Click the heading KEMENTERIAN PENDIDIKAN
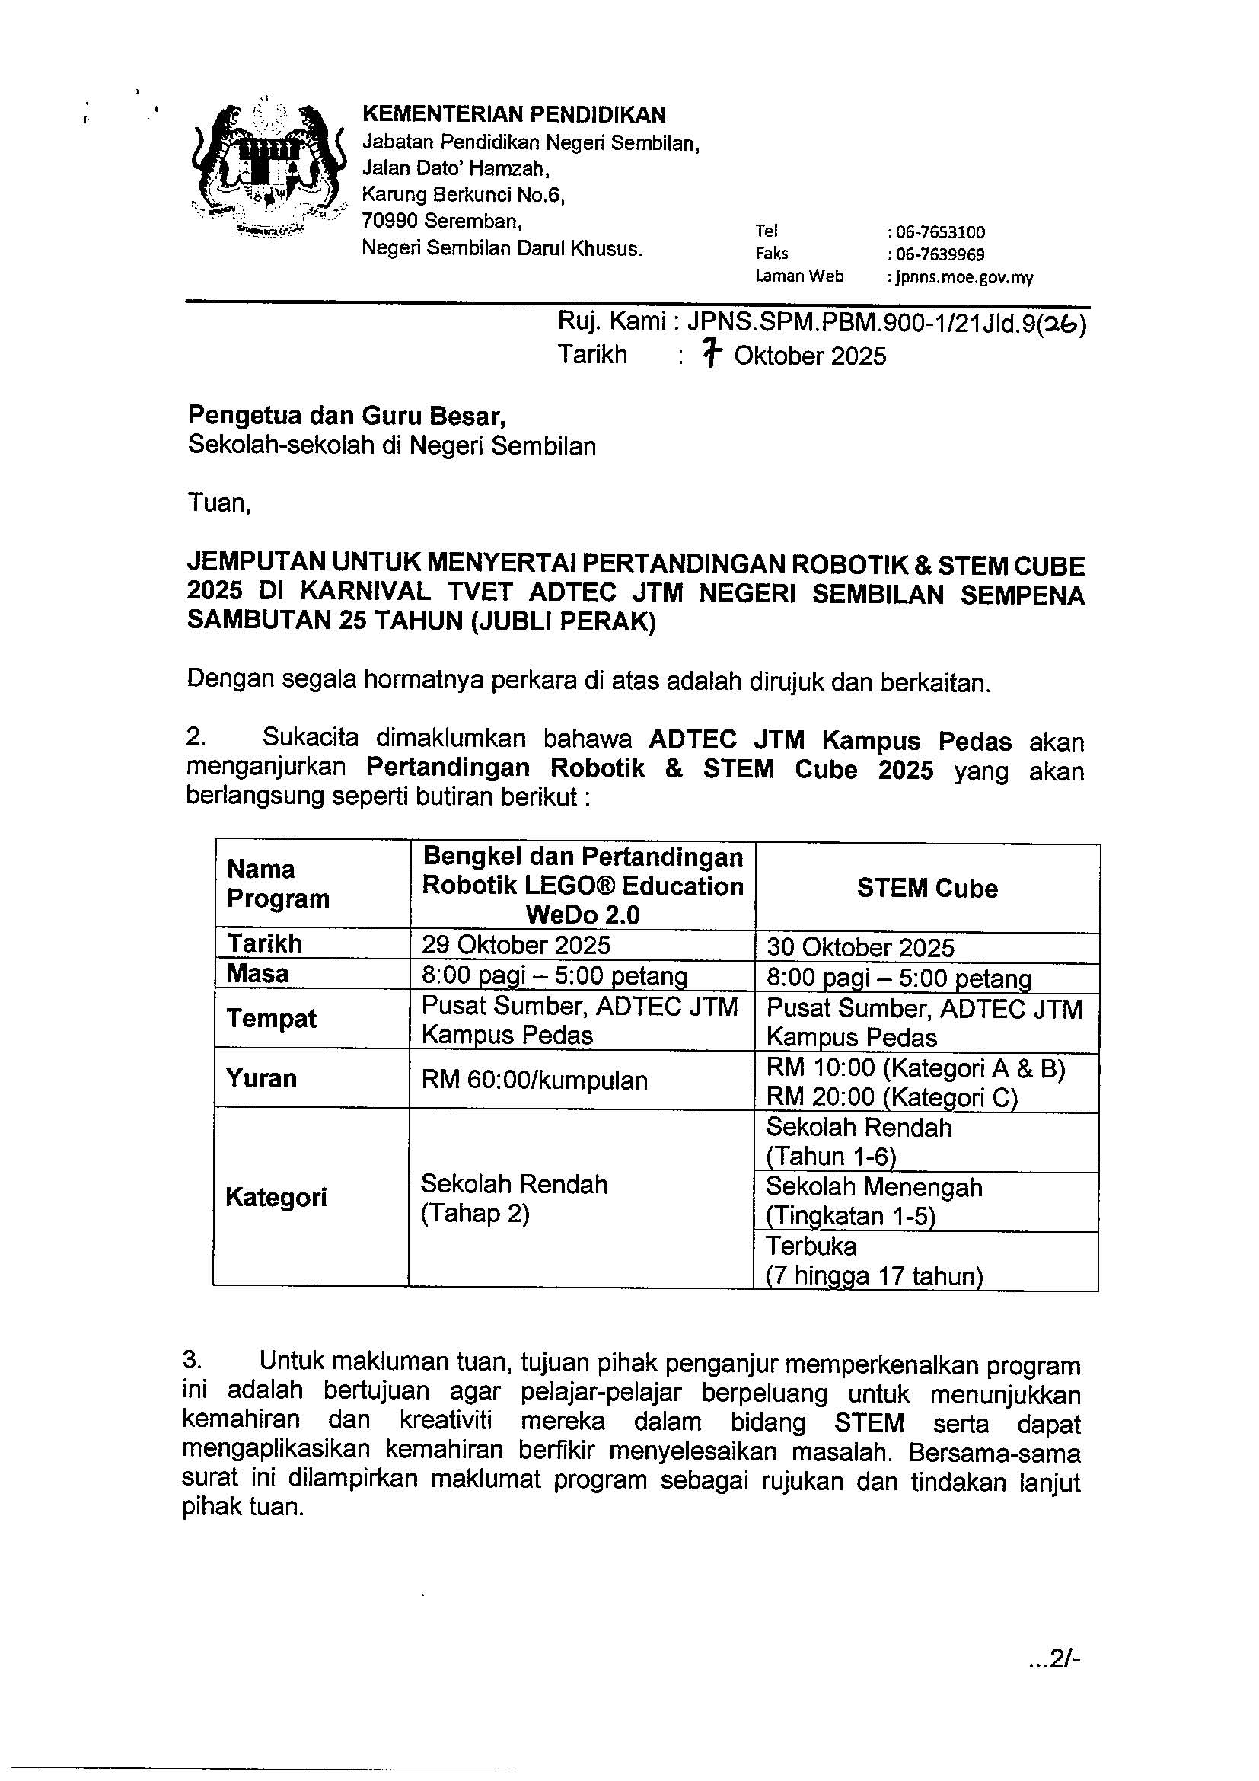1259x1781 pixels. pos(514,115)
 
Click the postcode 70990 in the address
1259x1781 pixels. pos(390,221)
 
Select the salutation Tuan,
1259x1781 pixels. pos(219,504)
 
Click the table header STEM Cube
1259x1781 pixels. pos(927,887)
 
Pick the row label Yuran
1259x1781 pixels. pos(261,1078)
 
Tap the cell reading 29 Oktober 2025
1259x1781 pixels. pos(516,945)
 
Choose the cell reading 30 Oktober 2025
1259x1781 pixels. pos(861,947)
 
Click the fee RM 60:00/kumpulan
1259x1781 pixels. pos(535,1080)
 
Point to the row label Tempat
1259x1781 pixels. pos(271,1019)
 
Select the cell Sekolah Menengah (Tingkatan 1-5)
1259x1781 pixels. pos(875,1201)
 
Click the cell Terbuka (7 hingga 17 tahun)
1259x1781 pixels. pos(875,1260)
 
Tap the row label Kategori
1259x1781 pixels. pos(276,1197)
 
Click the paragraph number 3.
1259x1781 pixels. pos(193,1359)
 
